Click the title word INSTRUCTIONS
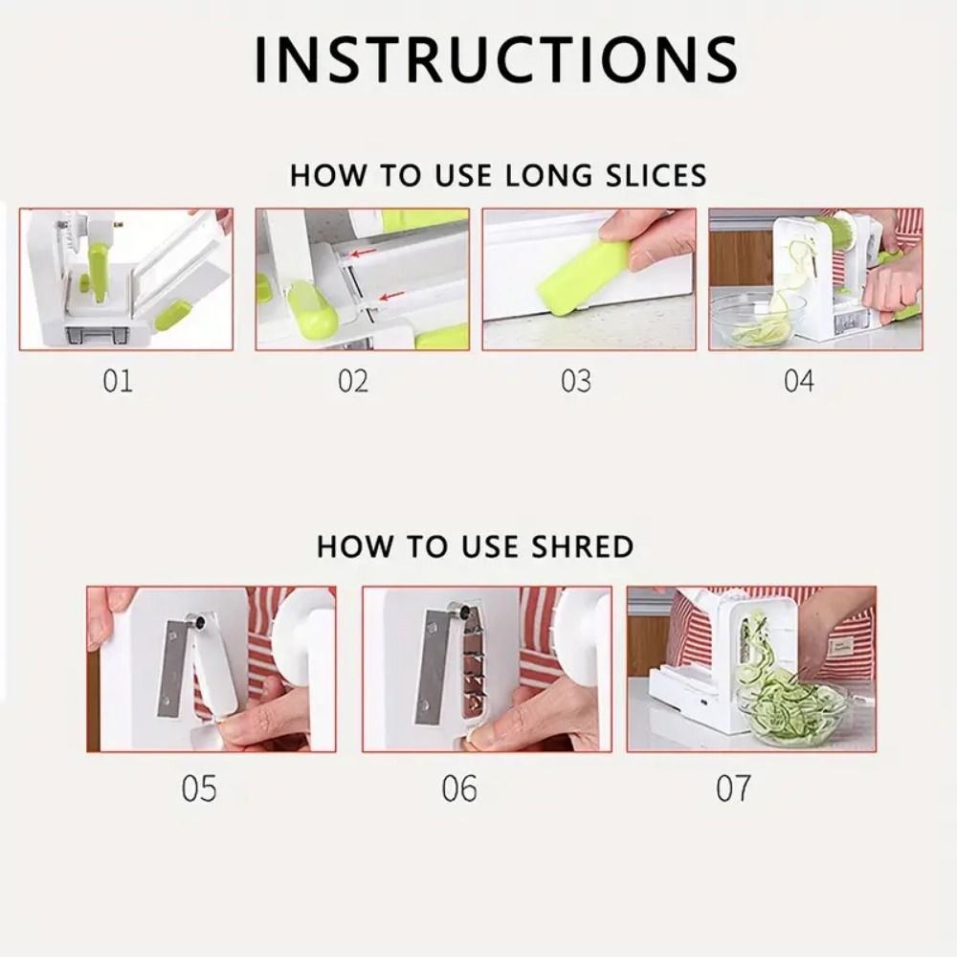pos(495,59)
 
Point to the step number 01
pos(117,381)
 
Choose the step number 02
pos(352,381)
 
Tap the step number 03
pos(576,381)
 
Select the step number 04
pos(798,381)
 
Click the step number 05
pos(199,790)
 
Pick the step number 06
pos(459,790)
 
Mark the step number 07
pos(733,790)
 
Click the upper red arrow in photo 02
pos(361,254)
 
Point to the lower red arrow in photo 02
pos(389,297)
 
